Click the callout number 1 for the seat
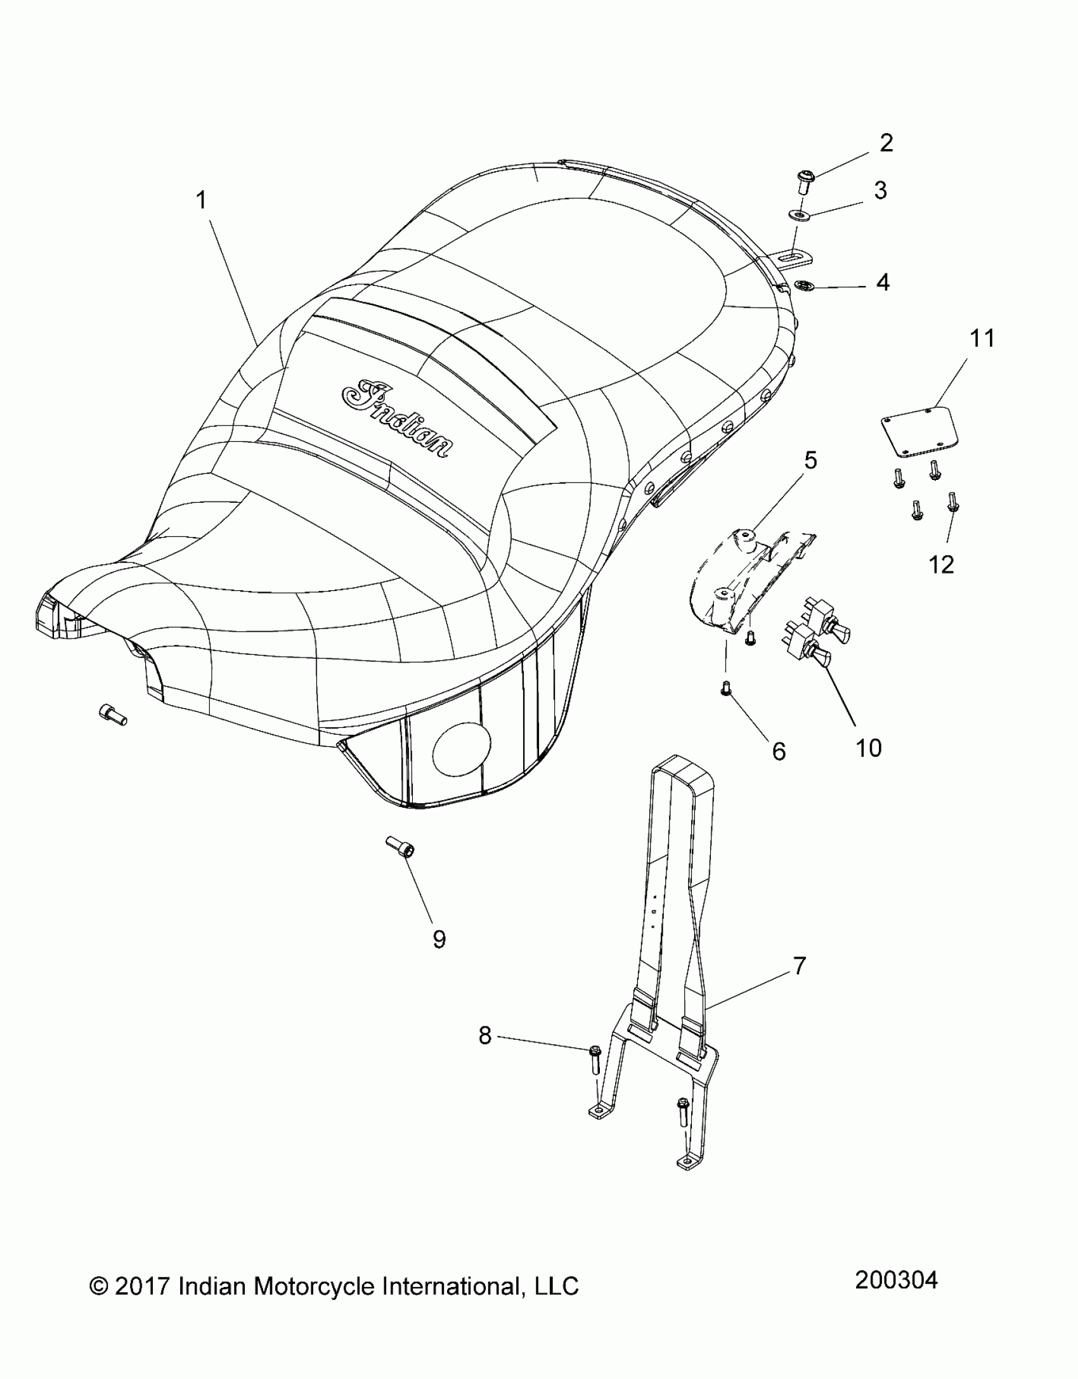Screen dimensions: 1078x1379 pos(201,201)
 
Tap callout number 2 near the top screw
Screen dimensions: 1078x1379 pos(886,143)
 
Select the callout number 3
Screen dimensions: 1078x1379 pos(880,190)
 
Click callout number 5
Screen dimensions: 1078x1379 pos(810,461)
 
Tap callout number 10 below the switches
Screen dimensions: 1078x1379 pos(868,748)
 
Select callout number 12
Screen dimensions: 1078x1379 pos(941,564)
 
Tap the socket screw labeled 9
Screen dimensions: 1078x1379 pos(399,846)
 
